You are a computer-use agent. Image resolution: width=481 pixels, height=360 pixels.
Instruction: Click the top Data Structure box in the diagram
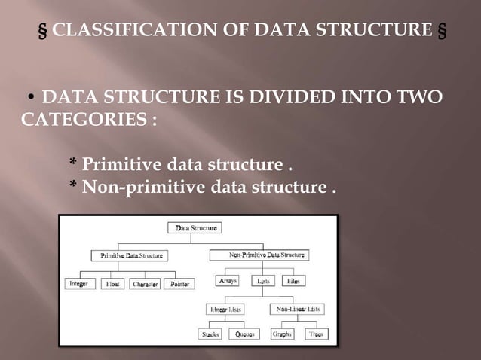click(194, 227)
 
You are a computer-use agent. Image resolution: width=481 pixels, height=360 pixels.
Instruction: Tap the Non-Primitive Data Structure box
click(256, 256)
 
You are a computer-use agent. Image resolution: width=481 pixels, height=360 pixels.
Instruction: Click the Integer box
click(78, 284)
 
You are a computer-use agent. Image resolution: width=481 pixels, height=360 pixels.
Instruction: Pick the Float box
click(113, 284)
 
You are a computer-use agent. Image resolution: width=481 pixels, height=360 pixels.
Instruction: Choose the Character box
click(146, 284)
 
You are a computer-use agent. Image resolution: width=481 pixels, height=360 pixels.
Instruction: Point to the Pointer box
click(181, 284)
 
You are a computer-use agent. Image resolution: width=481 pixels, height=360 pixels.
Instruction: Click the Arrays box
click(228, 281)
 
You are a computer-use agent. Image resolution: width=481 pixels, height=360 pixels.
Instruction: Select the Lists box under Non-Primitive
click(264, 281)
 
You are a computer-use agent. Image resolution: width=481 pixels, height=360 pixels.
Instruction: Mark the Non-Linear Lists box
click(298, 309)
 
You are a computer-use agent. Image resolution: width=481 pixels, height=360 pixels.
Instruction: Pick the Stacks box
click(210, 334)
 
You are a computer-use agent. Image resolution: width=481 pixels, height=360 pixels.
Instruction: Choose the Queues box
click(244, 334)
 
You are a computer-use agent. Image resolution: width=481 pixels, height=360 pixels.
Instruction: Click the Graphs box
click(283, 334)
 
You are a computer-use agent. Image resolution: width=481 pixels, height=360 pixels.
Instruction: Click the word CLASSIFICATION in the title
click(136, 31)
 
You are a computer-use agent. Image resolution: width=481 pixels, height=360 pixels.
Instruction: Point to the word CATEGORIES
click(82, 120)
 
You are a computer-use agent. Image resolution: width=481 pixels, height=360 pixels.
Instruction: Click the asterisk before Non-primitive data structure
click(73, 186)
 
